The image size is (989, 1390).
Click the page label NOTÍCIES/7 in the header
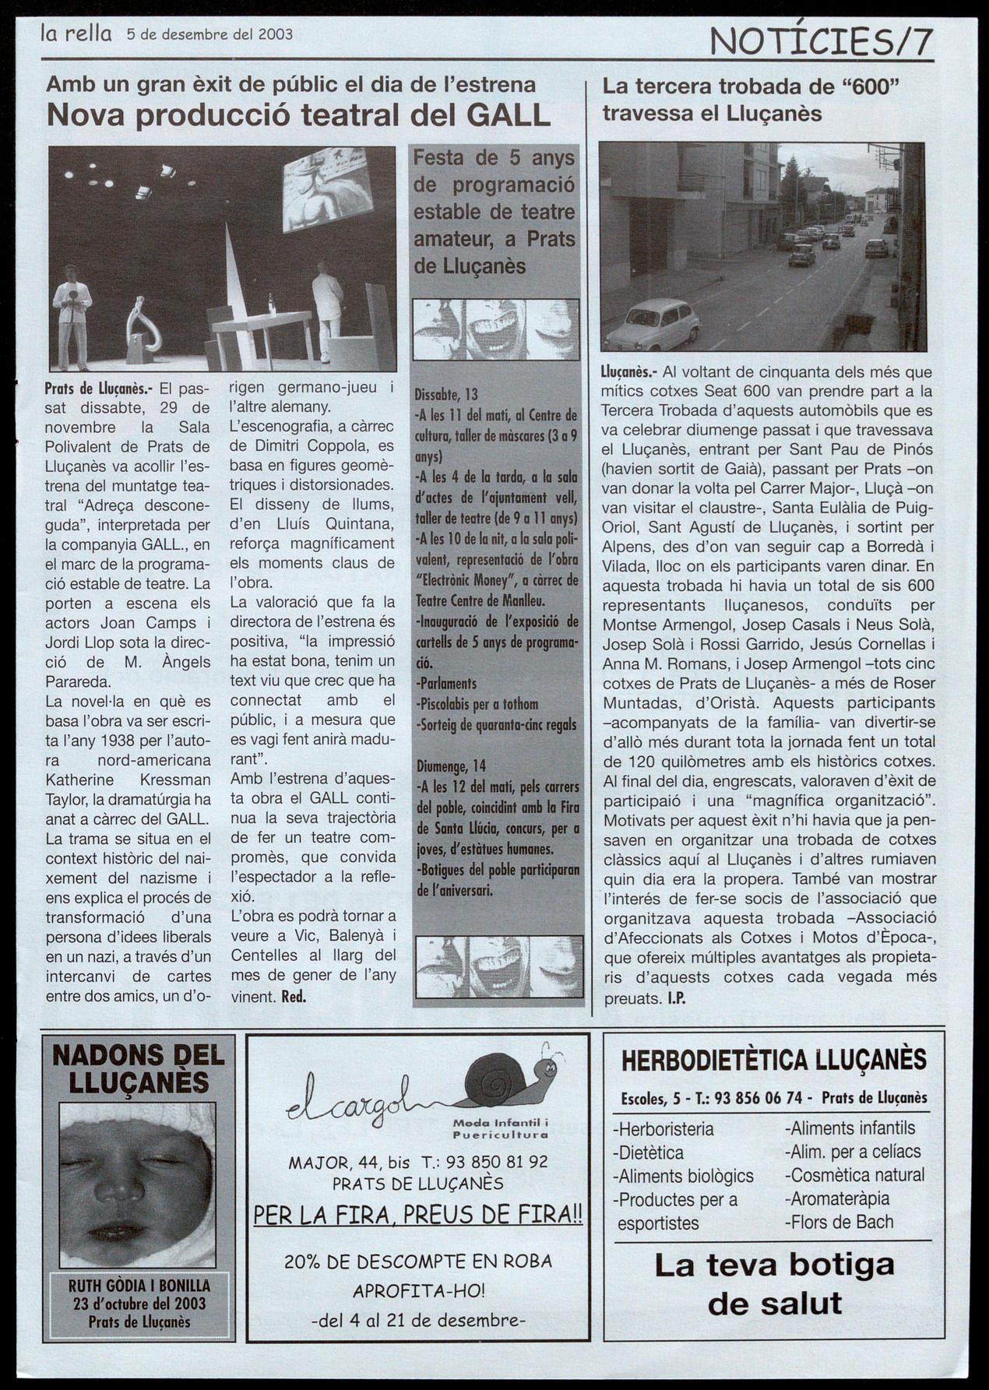click(822, 40)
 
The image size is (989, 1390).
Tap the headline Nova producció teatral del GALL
click(299, 116)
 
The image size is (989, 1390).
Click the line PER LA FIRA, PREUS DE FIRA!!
click(418, 1216)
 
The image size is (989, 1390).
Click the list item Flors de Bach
click(839, 1222)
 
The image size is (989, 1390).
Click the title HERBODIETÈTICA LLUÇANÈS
click(774, 1060)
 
